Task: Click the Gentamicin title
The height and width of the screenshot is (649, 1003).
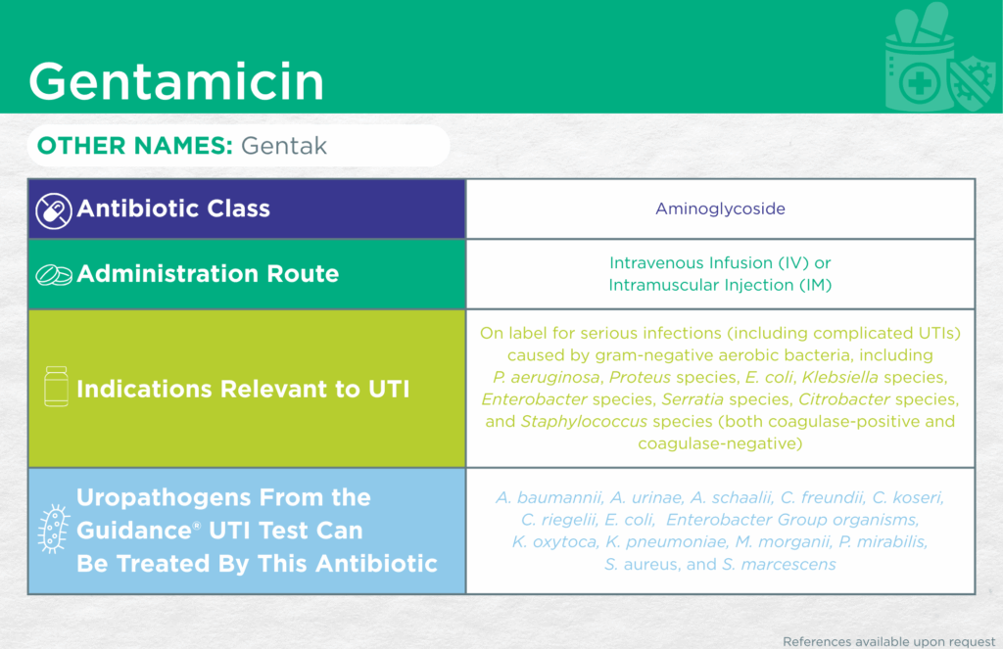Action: pyautogui.click(x=176, y=81)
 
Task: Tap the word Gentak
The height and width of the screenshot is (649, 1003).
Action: pyautogui.click(x=284, y=146)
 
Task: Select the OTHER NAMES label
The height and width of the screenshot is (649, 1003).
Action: pyautogui.click(x=135, y=146)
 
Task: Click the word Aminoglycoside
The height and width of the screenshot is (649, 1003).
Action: pyautogui.click(x=720, y=209)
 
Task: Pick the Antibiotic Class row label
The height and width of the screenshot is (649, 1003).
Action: pyautogui.click(x=173, y=209)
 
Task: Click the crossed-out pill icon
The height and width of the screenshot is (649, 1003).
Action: pyautogui.click(x=53, y=210)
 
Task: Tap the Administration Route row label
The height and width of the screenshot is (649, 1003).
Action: pyautogui.click(x=208, y=274)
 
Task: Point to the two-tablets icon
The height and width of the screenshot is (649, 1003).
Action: pyautogui.click(x=54, y=275)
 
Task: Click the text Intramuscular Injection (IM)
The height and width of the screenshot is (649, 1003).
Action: pyautogui.click(x=720, y=285)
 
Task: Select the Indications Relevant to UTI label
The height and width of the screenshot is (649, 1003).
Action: pyautogui.click(x=243, y=389)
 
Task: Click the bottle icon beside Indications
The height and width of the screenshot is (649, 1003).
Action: pyautogui.click(x=56, y=387)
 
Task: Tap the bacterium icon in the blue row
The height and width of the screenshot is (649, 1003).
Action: pyautogui.click(x=54, y=529)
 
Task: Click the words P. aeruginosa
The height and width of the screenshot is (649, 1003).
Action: pyautogui.click(x=548, y=377)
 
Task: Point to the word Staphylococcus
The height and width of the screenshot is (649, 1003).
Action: pyautogui.click(x=584, y=421)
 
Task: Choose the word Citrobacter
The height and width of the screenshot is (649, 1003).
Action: pyautogui.click(x=843, y=399)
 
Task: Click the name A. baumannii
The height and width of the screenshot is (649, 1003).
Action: pyautogui.click(x=549, y=497)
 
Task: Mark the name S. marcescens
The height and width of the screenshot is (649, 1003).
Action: pyautogui.click(x=779, y=565)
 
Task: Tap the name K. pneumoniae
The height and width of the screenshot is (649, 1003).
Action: pyautogui.click(x=666, y=542)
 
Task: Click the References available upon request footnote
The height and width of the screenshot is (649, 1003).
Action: pyautogui.click(x=889, y=641)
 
